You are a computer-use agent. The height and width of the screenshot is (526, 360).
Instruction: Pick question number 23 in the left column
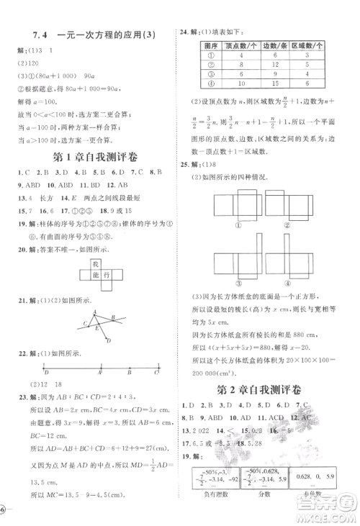[x=23, y=396]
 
